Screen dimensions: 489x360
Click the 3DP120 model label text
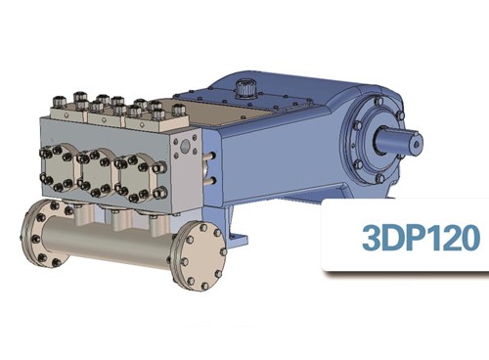(421, 237)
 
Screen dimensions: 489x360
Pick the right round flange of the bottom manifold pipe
(200, 255)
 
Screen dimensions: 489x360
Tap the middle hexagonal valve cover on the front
(96, 173)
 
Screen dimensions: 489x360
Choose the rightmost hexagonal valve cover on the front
(140, 178)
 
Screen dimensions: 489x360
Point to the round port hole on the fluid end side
(186, 146)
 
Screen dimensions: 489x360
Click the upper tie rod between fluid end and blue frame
(210, 156)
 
